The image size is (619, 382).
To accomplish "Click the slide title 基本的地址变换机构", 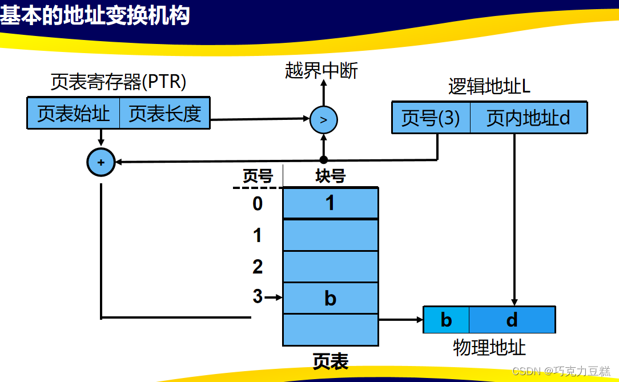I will (x=95, y=15).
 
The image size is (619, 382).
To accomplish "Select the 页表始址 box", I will (x=73, y=113).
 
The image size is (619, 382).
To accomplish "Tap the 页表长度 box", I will (x=164, y=113).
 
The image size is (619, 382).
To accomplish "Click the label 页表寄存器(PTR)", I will (x=118, y=83).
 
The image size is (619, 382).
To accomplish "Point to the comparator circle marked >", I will (x=324, y=120).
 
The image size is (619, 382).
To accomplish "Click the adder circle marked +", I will (x=101, y=162).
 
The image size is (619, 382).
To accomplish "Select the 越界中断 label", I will (x=321, y=70).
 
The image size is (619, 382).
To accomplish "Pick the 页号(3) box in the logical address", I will (x=431, y=118).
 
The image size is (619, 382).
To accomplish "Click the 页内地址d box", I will (x=528, y=118).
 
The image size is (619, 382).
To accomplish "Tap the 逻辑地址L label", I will (x=489, y=87).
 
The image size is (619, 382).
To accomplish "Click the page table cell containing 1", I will (x=331, y=203).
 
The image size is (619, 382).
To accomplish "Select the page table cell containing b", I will (x=331, y=298).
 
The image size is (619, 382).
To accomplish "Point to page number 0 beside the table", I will (x=258, y=203).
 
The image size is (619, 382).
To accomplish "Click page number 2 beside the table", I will (x=258, y=267).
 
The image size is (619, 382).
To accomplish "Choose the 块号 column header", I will (x=330, y=176).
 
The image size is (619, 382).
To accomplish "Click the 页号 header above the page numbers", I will (x=258, y=176).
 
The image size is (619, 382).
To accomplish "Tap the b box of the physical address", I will (x=446, y=320).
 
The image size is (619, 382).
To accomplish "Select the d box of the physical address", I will (x=512, y=320).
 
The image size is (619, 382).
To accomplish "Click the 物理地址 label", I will (x=489, y=347).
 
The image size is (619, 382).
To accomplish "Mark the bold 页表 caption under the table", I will (x=330, y=361).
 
